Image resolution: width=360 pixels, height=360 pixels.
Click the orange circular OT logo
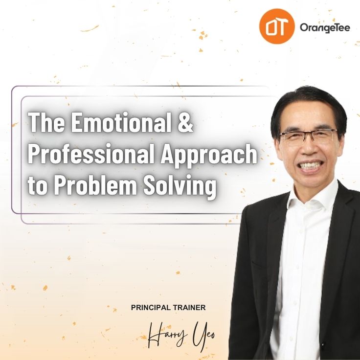tap(277, 26)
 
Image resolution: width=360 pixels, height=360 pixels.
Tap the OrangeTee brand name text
tap(325, 28)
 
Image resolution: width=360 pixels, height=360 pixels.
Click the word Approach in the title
tap(208, 156)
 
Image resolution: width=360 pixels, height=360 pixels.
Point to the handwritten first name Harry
tap(167, 335)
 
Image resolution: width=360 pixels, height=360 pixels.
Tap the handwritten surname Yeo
tap(203, 336)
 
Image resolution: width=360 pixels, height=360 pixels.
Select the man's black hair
tap(309, 108)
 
